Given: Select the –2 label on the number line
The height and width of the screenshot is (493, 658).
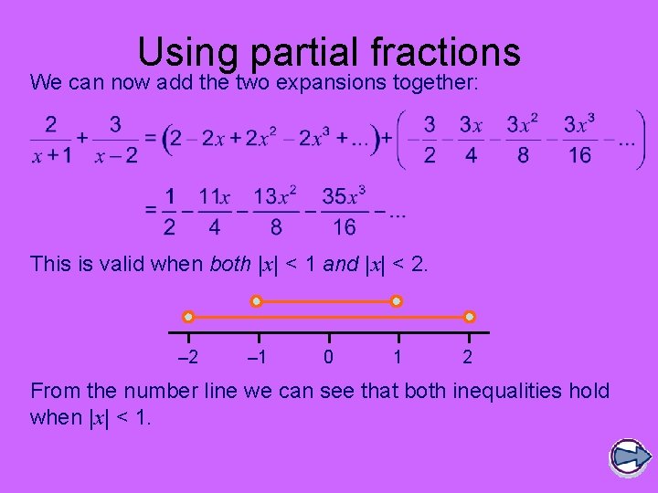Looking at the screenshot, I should (187, 357).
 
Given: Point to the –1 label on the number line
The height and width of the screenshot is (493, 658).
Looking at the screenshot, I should (258, 357).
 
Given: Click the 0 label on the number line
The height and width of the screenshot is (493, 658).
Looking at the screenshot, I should (328, 357).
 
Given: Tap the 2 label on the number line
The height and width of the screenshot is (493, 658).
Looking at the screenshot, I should (468, 357).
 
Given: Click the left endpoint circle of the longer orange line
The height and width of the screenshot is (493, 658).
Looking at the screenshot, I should (188, 317).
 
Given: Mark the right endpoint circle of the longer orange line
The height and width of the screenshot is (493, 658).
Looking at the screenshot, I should (469, 317).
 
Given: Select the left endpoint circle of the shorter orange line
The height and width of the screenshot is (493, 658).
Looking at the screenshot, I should (258, 300).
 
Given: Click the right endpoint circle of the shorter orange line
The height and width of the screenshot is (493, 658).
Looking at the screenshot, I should (397, 300).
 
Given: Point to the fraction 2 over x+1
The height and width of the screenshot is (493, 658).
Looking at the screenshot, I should (52, 140).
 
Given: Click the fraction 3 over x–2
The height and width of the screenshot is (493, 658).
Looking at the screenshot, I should (116, 140).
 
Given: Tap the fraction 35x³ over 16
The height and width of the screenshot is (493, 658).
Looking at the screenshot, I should (344, 211).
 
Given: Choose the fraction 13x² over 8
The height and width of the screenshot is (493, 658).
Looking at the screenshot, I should (275, 211).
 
